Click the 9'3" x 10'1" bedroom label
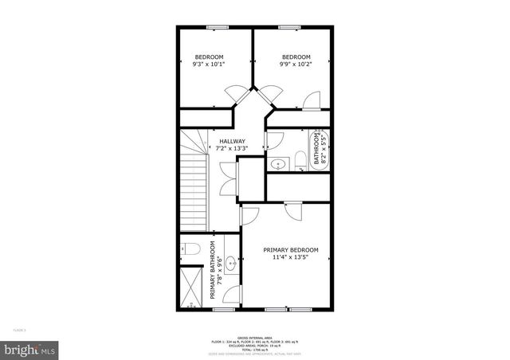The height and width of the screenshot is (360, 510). (209, 61)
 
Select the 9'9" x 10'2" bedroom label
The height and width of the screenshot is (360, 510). (296, 61)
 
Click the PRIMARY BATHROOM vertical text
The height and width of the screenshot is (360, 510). (214, 271)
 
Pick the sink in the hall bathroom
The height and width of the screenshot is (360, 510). (278, 164)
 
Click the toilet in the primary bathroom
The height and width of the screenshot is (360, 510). (189, 249)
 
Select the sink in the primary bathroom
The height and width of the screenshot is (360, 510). (231, 263)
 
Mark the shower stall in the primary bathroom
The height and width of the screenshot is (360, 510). (191, 289)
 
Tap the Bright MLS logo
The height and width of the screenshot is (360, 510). (30, 349)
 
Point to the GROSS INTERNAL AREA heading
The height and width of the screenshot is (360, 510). (254, 338)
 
